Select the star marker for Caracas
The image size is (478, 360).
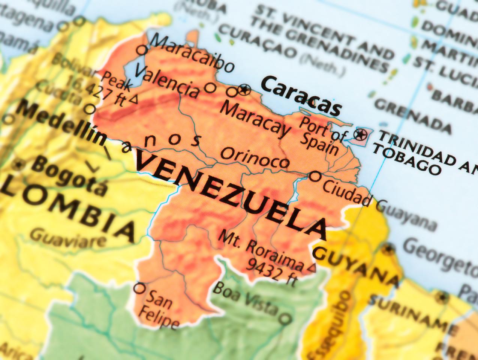click(x=245, y=89)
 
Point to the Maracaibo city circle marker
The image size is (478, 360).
click(x=142, y=50)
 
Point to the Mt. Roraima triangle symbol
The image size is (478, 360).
click(x=312, y=268)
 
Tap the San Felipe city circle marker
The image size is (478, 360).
click(x=139, y=288)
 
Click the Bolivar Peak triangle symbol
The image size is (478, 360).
click(x=134, y=99)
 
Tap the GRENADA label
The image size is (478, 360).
click(x=413, y=115)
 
